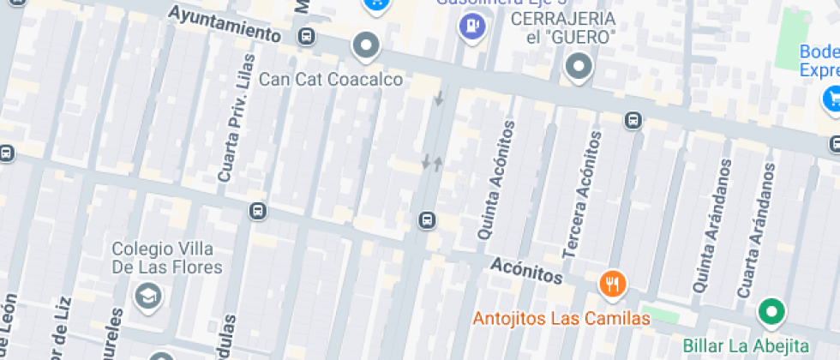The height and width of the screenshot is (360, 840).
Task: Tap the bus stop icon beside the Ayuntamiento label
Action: tap(306, 36)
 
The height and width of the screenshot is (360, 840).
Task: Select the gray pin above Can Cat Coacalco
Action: tap(367, 46)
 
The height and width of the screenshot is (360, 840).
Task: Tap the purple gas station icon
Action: tap(471, 27)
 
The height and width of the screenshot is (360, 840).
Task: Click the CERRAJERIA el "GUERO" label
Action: tap(563, 27)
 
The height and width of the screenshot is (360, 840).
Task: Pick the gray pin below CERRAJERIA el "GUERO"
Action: tap(579, 67)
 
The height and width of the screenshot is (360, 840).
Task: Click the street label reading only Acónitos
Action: tap(527, 271)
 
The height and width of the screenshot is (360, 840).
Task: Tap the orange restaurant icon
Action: tap(611, 283)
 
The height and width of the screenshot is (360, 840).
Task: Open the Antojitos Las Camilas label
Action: tap(561, 319)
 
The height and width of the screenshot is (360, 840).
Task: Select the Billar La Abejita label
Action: tap(746, 345)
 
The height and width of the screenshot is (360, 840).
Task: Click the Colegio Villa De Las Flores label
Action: tap(167, 257)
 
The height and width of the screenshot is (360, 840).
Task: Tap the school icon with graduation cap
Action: tap(148, 297)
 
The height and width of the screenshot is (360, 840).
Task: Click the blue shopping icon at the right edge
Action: tap(831, 99)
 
